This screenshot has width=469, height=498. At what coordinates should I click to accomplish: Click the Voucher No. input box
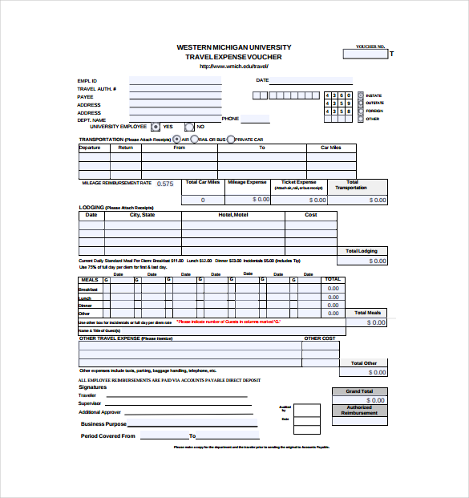click(366, 55)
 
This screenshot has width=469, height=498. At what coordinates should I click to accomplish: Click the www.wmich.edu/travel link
click(233, 67)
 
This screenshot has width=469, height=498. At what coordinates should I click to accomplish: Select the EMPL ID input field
click(175, 81)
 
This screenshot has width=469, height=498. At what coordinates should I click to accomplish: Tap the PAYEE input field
click(175, 96)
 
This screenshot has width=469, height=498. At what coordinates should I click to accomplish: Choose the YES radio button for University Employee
click(156, 127)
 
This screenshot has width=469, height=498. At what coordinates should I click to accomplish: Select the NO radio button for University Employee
click(188, 127)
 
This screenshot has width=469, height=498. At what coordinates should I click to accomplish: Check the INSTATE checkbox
click(360, 95)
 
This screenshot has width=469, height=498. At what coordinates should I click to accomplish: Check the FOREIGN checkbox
click(360, 111)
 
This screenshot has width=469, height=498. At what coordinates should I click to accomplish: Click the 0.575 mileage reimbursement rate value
click(164, 184)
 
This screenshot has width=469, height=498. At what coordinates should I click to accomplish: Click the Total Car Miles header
click(203, 182)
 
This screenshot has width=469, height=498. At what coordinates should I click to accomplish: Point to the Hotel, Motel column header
click(233, 215)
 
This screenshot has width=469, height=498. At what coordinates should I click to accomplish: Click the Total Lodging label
click(362, 251)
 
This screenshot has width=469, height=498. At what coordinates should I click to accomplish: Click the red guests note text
click(229, 322)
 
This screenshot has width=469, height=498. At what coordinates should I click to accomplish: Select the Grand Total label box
click(360, 392)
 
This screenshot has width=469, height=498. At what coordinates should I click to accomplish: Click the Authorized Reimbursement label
click(360, 410)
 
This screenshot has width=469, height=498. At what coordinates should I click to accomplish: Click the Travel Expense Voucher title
click(233, 57)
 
